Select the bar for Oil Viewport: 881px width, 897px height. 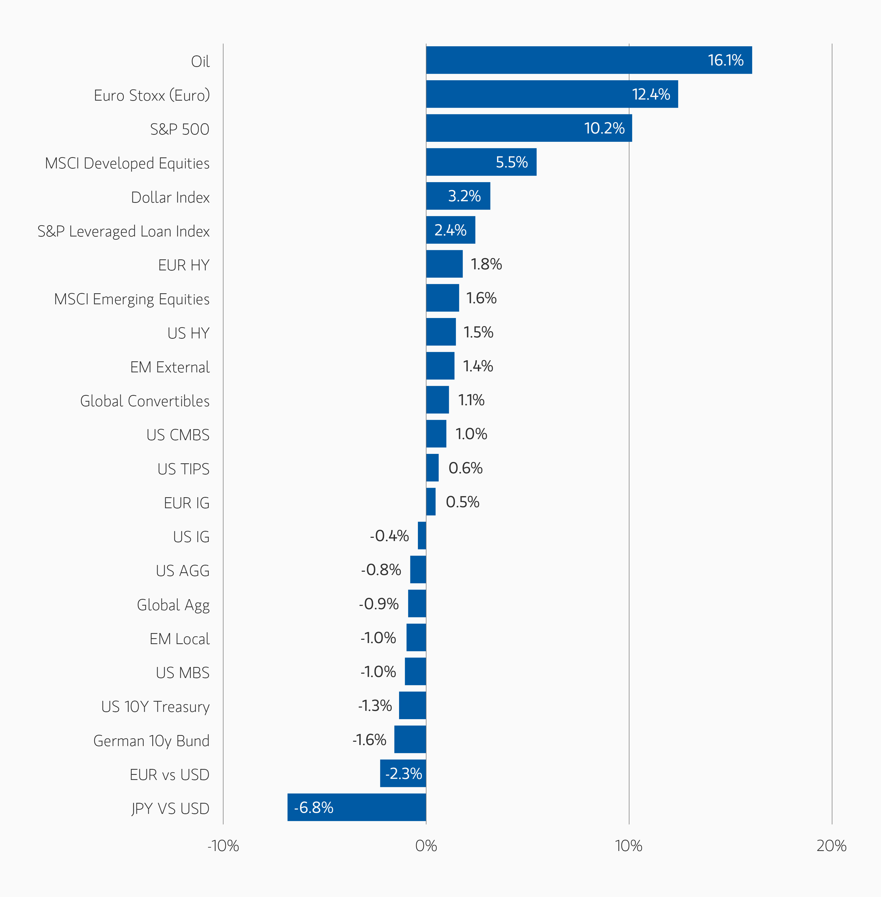tap(588, 60)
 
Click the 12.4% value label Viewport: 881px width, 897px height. tap(651, 94)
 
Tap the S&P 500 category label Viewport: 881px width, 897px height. tap(179, 129)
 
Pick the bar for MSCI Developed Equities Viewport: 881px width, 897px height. tap(481, 162)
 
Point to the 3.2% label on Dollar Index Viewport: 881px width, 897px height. tap(464, 196)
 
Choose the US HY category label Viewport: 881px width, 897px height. tap(188, 333)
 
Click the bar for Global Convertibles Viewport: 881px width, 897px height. tap(437, 400)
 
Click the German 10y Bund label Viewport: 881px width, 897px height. tap(151, 741)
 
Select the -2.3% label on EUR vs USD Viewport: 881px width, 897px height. tap(403, 774)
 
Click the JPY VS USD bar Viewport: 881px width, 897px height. tap(356, 807)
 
